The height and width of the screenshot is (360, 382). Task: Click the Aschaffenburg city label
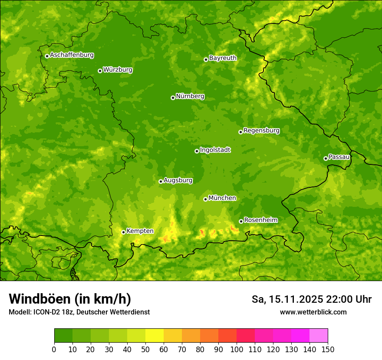(72, 55)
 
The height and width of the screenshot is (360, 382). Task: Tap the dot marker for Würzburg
(100, 71)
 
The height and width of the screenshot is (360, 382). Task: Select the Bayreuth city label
(223, 58)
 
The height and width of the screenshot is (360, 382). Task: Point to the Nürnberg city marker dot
(173, 98)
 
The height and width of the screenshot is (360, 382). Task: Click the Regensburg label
(261, 130)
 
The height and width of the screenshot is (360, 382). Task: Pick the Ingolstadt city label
(215, 150)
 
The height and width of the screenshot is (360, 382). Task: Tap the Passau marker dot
(326, 158)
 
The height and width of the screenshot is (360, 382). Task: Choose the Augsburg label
(178, 180)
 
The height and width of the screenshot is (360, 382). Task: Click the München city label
(222, 198)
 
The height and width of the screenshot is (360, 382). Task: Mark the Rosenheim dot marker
(241, 221)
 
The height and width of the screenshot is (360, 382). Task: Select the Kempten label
(140, 231)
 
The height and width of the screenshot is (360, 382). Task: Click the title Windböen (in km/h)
(69, 299)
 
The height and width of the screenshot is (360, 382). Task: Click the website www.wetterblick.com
(313, 312)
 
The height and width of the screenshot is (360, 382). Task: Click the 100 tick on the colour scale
(236, 349)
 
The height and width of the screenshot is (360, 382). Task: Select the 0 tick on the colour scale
(54, 349)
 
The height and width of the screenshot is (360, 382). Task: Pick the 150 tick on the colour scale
(327, 349)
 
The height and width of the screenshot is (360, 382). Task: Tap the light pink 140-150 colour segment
(319, 336)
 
